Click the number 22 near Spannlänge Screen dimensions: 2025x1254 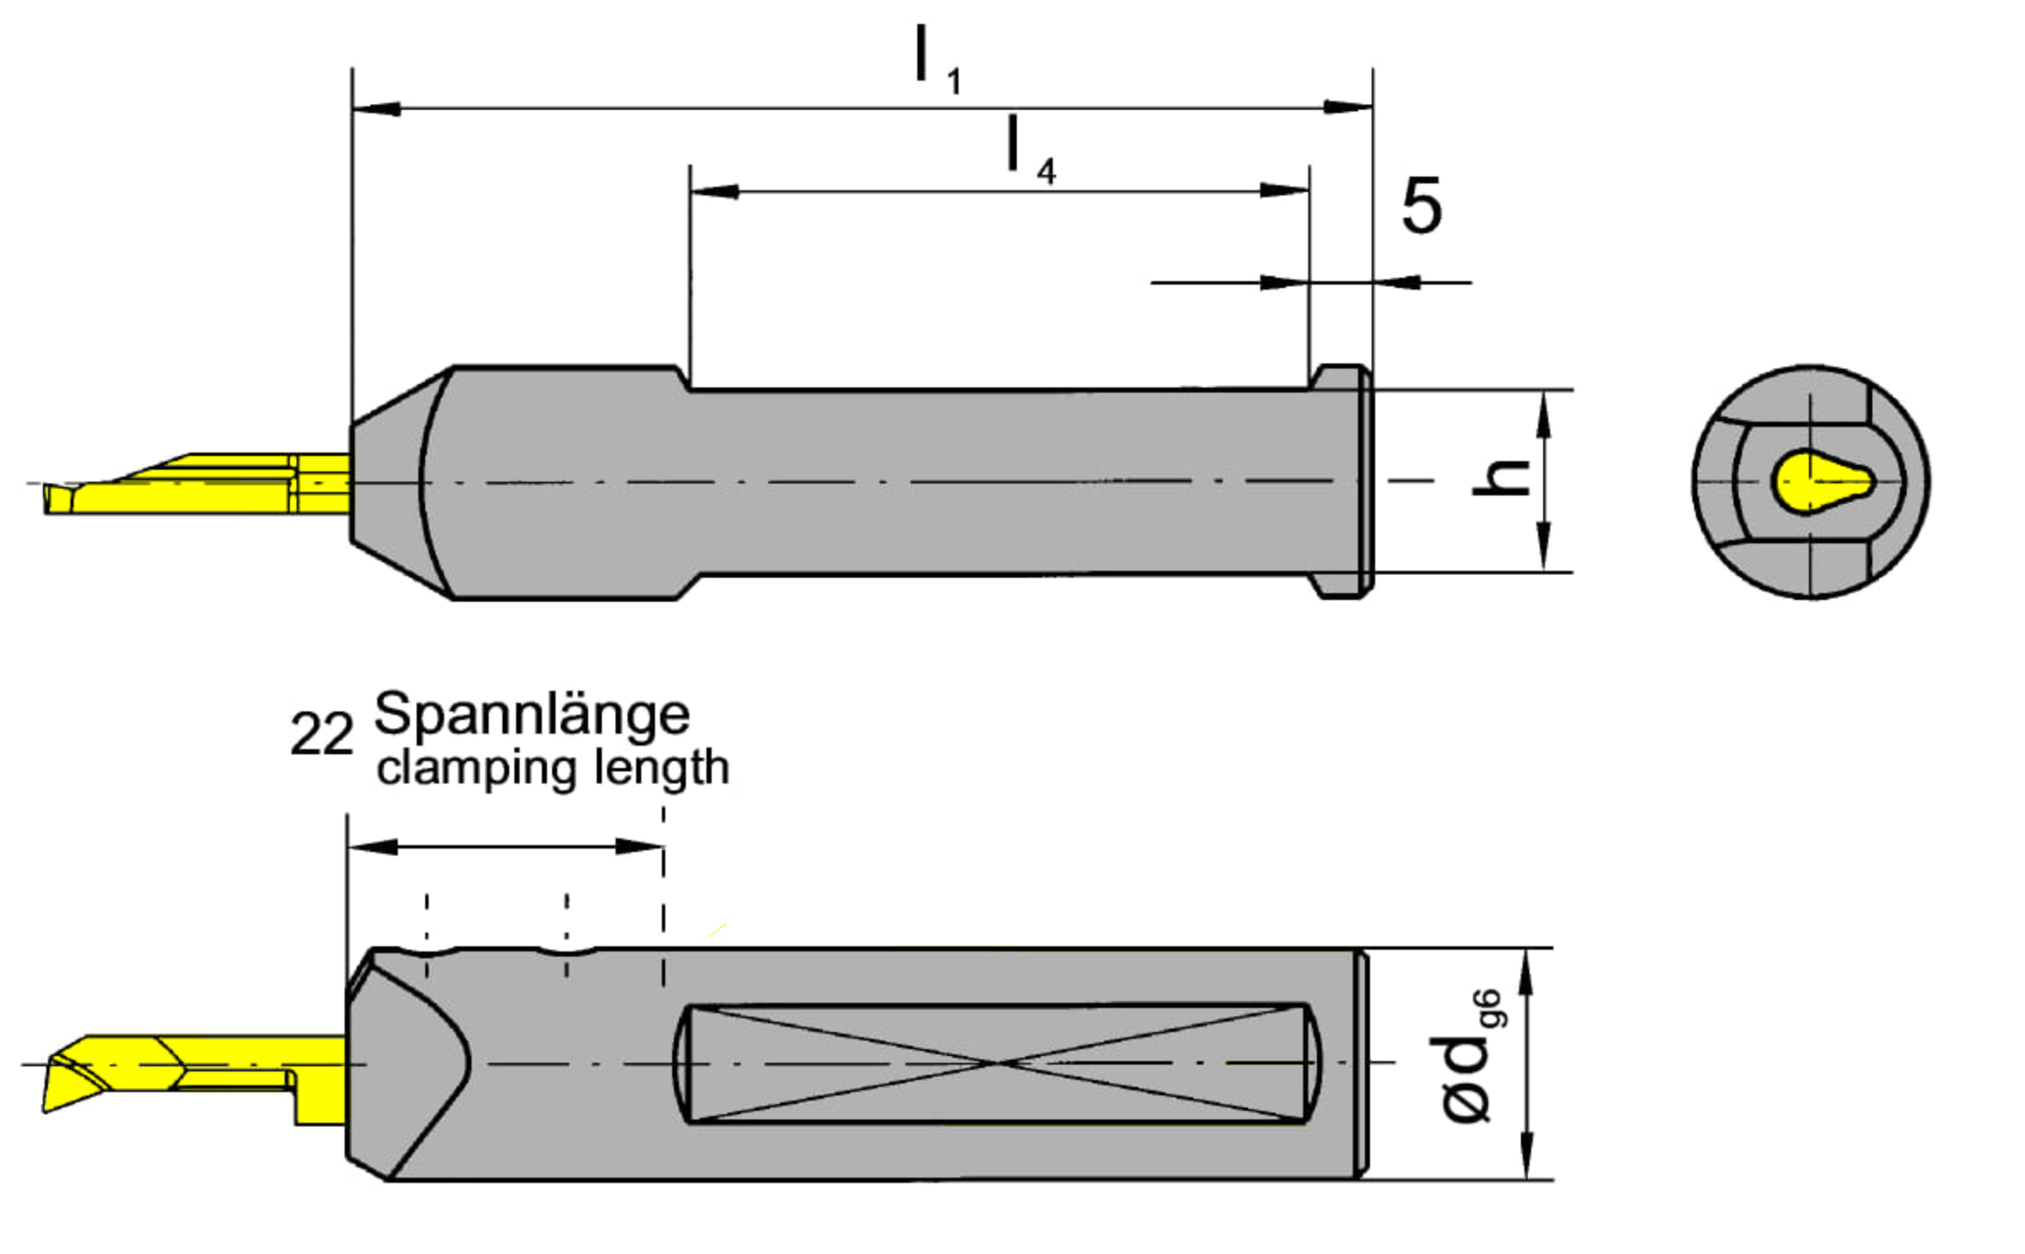[x=321, y=734]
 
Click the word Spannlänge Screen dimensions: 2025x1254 [x=532, y=716]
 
